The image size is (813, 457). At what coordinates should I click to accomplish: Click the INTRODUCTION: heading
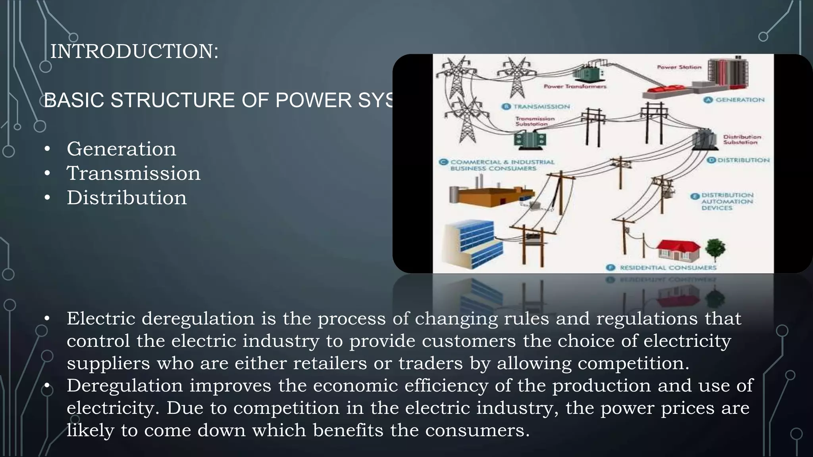(134, 52)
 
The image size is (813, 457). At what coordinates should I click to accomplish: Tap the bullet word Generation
(121, 149)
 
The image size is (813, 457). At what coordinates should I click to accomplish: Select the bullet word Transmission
(133, 173)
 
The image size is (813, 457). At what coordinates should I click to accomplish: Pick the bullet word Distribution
(126, 198)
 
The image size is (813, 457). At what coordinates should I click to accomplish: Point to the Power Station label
(679, 67)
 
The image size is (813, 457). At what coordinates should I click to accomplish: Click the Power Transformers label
(575, 86)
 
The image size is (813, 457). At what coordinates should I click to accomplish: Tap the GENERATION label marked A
(739, 100)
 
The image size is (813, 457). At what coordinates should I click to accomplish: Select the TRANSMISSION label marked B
(541, 106)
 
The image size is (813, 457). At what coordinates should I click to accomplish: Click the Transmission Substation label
(534, 121)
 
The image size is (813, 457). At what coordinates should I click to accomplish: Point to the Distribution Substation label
(742, 139)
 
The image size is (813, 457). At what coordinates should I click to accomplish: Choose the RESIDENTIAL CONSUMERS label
(668, 267)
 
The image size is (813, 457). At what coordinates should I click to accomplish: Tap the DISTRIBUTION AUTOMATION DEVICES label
(726, 201)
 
